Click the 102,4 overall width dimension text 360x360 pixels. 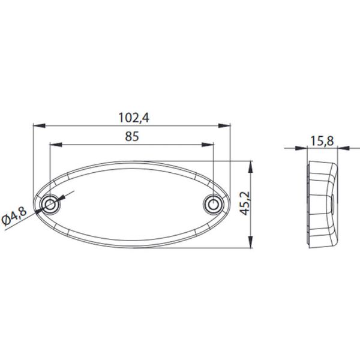(x=133, y=118)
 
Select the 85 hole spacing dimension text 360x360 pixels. (x=133, y=136)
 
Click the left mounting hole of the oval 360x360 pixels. (x=51, y=205)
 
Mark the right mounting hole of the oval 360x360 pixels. (x=213, y=205)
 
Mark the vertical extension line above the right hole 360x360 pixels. (x=214, y=171)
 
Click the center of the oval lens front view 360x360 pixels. (x=132, y=205)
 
